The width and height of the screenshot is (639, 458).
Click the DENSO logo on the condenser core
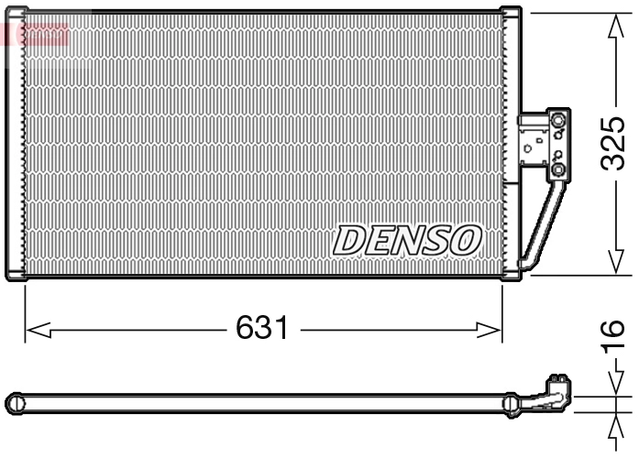[x=407, y=240]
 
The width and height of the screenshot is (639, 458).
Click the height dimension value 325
[x=613, y=143]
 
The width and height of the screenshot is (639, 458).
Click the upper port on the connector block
[x=558, y=120]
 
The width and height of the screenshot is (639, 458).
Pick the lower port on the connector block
[x=558, y=170]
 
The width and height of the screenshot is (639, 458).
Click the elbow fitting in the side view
[x=553, y=392]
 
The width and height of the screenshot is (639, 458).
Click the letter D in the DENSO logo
[x=349, y=240]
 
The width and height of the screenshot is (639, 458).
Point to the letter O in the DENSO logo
[x=465, y=240]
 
